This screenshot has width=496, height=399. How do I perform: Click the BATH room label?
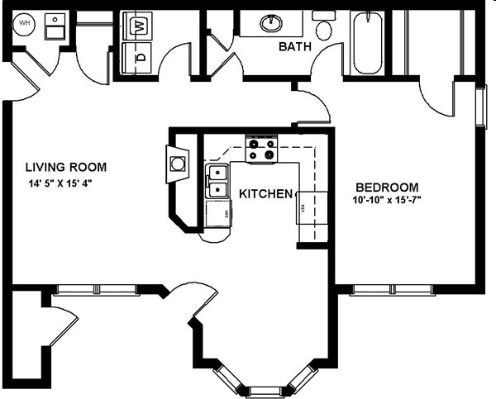point(295,47)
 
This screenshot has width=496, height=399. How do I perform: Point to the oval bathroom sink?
point(272,23)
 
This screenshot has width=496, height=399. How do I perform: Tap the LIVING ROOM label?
point(65,167)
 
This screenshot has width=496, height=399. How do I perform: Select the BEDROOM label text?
point(387,187)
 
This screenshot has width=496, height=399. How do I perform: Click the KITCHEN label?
point(265,194)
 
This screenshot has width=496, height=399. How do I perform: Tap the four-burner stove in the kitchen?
point(262,148)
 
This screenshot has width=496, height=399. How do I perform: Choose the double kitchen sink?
point(217,181)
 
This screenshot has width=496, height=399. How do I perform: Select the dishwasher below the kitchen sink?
point(218,215)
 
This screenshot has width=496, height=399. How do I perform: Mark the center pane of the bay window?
point(265,390)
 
